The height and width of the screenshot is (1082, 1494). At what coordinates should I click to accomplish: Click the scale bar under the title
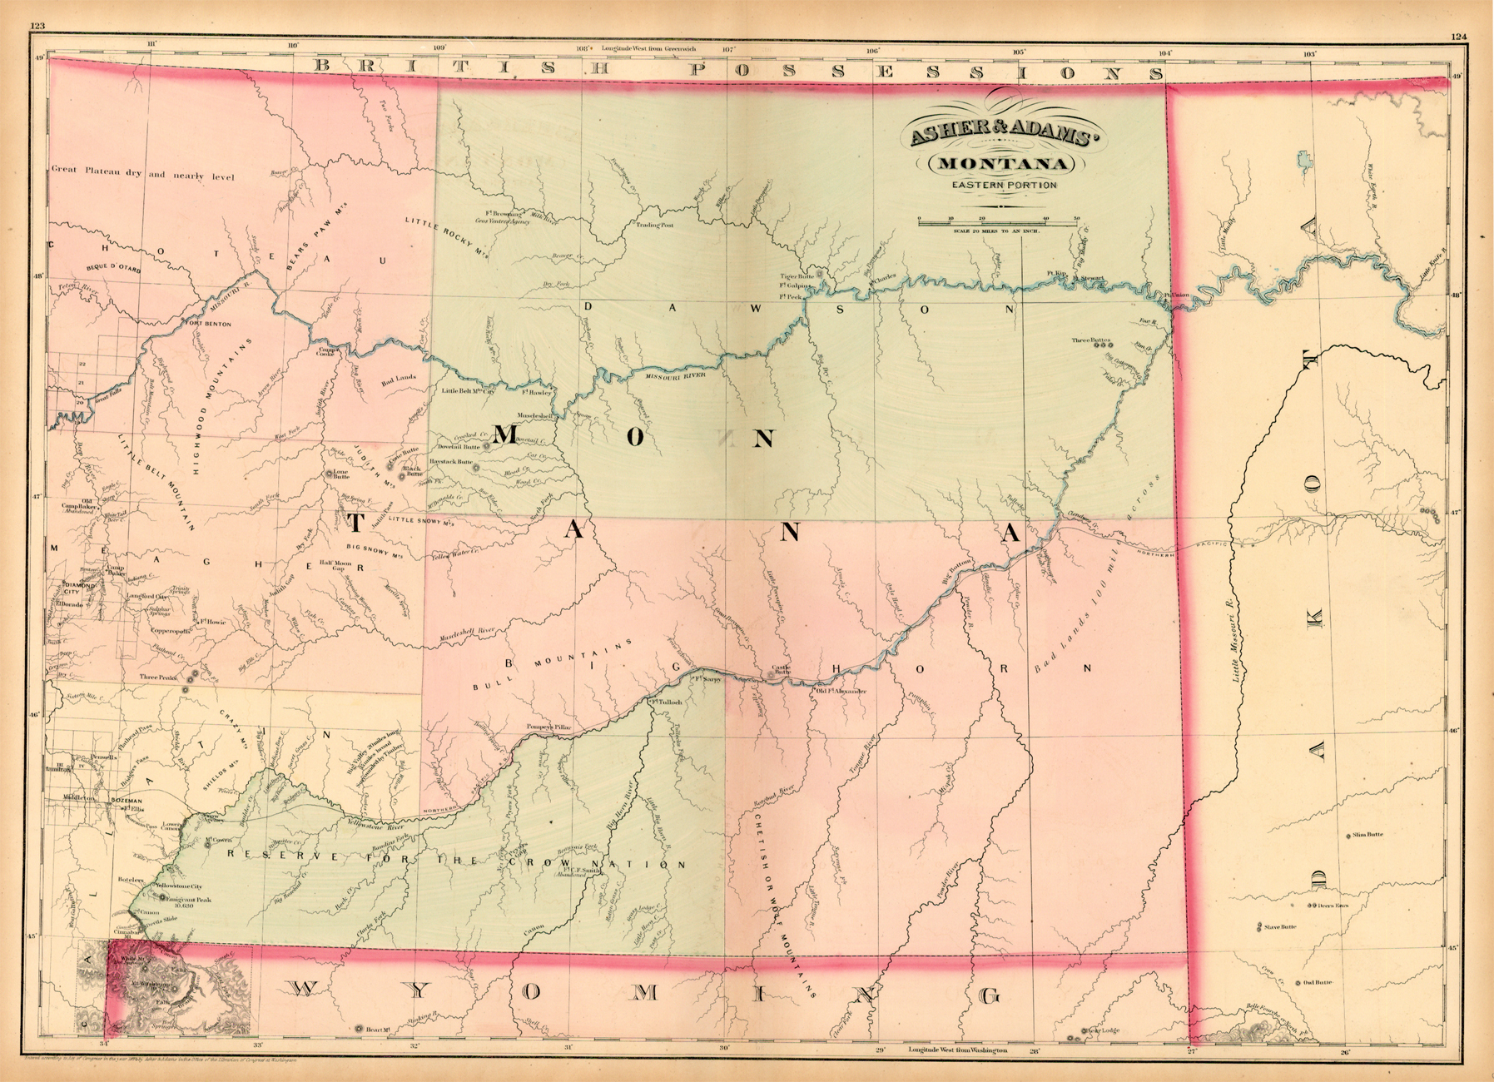[998, 221]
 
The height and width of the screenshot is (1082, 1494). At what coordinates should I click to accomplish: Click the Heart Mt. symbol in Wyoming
[359, 1029]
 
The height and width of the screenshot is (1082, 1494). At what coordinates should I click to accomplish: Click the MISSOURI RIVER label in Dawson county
[676, 377]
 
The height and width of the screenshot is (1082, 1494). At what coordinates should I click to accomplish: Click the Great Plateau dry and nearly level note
[142, 174]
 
